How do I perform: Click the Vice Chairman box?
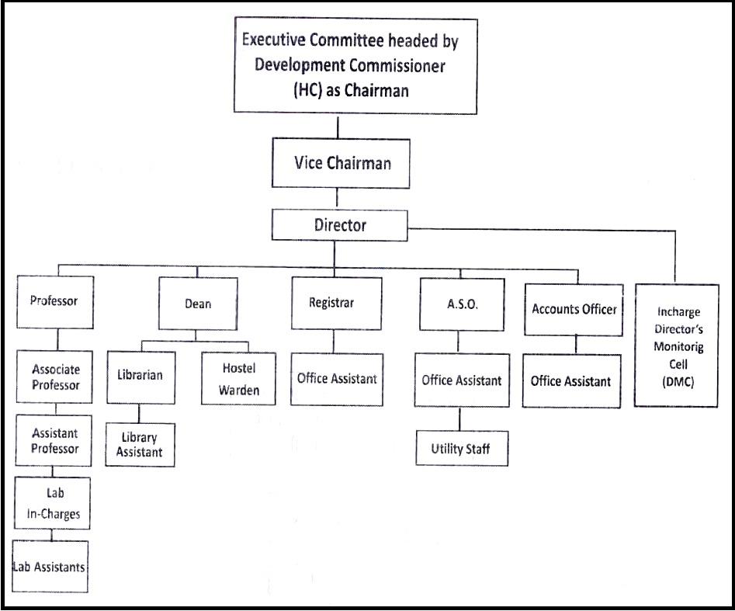341,163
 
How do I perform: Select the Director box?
340,225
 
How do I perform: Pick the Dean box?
197,304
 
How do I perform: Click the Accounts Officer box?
574,309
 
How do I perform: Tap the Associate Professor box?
56,377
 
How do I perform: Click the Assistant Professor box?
55,440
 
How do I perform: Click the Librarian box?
140,375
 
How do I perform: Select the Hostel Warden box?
238,378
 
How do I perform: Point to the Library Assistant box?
140,444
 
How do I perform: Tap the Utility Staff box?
461,448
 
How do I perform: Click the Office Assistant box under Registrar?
337,379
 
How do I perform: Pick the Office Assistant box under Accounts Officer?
571,381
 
